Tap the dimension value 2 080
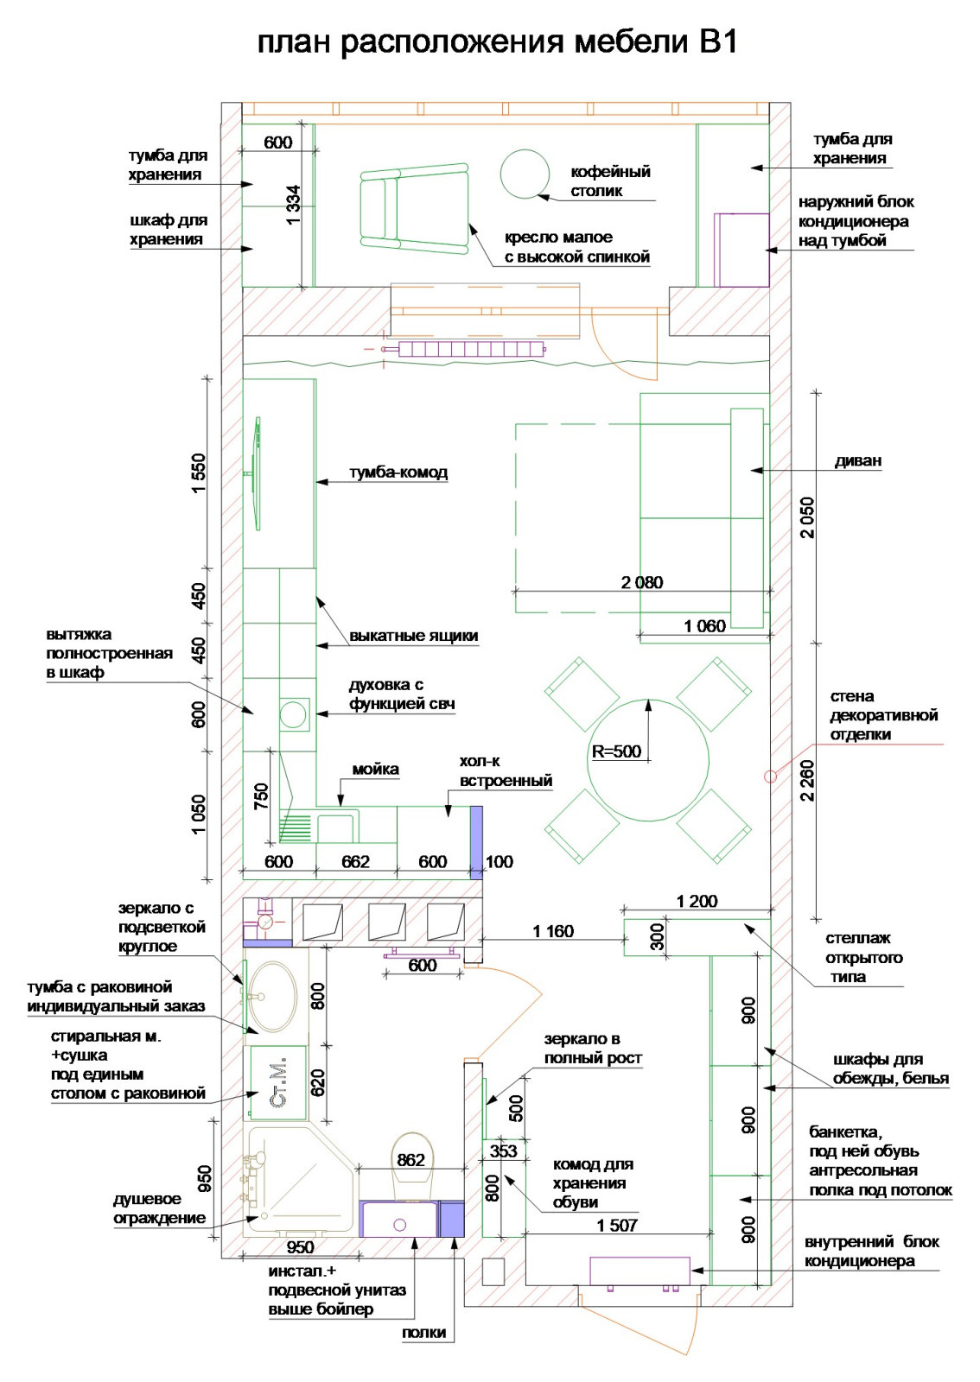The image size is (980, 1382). pos(642,582)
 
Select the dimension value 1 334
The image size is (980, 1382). pos(294,206)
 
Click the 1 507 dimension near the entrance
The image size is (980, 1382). pos(617,1226)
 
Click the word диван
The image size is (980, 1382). pos(858,461)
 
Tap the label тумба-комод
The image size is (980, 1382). pos(398,472)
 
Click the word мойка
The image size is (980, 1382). pos(375,770)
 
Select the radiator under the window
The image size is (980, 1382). pos(472,350)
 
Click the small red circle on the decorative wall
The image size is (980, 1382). pos(770,777)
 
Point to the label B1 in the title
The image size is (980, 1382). pos(718,42)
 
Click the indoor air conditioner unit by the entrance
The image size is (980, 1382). pos(640,1271)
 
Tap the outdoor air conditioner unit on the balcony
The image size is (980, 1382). pos(741,250)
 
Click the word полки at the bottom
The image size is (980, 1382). pos(424,1333)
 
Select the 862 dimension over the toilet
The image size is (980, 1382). pos(410,1160)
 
